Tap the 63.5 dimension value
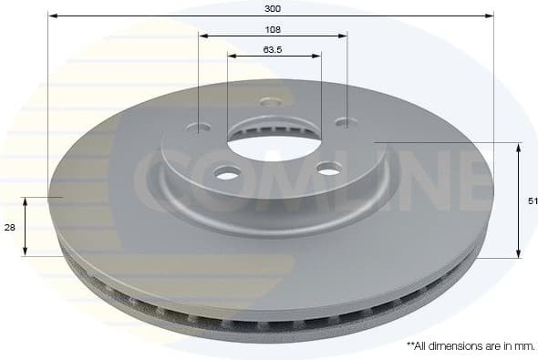pyautogui.click(x=273, y=49)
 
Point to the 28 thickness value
pyautogui.click(x=9, y=227)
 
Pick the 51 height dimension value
pyautogui.click(x=532, y=201)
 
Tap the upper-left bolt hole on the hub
pyautogui.click(x=202, y=128)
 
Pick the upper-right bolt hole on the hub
pyautogui.click(x=343, y=122)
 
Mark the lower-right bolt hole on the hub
pyautogui.click(x=328, y=168)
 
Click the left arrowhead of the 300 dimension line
pyautogui.click(x=51, y=15)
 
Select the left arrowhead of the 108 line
pyautogui.click(x=202, y=36)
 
